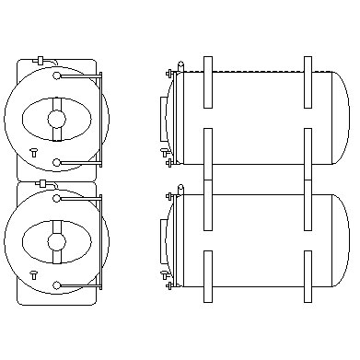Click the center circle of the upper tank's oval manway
click(x=56, y=119)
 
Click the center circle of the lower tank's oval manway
click(x=56, y=241)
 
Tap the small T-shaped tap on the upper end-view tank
click(x=33, y=152)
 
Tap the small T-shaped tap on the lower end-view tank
click(x=33, y=274)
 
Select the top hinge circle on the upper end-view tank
click(x=57, y=74)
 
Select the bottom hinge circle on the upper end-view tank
click(x=57, y=163)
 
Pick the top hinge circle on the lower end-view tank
click(x=57, y=196)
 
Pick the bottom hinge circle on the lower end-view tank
click(x=57, y=285)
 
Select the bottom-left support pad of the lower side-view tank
click(x=207, y=276)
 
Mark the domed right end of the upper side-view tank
click(x=340, y=118)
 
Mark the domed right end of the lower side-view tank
click(x=340, y=240)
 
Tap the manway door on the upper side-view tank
click(x=167, y=120)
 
